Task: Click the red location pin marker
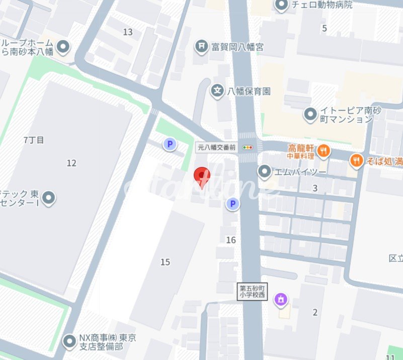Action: tap(201, 176)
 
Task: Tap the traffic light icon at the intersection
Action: tap(247, 147)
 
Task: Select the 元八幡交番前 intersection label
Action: tap(216, 147)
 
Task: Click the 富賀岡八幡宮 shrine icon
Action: tap(202, 46)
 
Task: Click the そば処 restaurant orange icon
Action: tap(357, 160)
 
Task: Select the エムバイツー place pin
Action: tap(264, 172)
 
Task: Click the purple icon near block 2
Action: tap(281, 300)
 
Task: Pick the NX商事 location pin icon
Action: tap(69, 342)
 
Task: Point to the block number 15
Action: tap(165, 261)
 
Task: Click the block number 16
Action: tap(231, 240)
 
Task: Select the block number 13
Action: tap(128, 32)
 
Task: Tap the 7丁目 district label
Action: tap(34, 140)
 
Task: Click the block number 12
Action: tap(71, 162)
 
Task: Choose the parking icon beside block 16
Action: tap(232, 204)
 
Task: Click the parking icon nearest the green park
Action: tap(170, 145)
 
